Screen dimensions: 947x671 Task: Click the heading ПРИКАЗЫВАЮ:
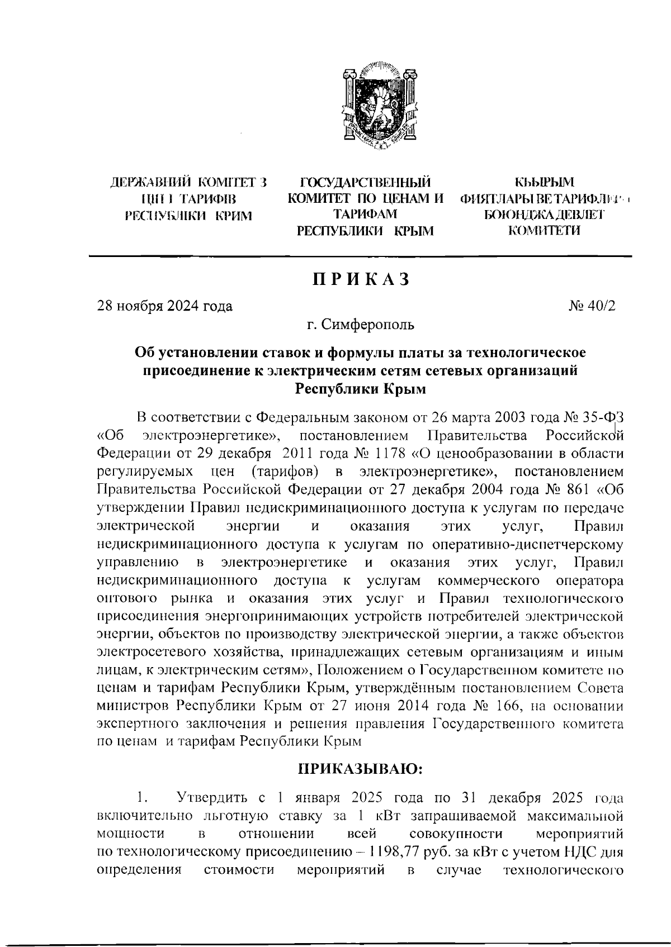pyautogui.click(x=361, y=769)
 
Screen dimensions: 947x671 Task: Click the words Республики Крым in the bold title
pyautogui.click(x=361, y=389)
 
